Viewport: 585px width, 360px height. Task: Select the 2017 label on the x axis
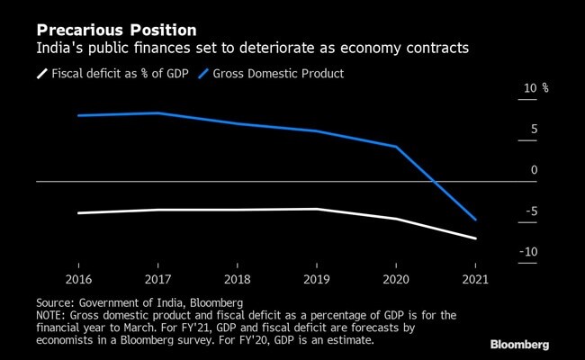pyautogui.click(x=159, y=280)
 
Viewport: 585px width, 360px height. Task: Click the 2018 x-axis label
pyautogui.click(x=237, y=280)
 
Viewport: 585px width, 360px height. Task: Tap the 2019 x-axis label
pyautogui.click(x=316, y=280)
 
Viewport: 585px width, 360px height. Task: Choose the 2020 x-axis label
pyautogui.click(x=395, y=280)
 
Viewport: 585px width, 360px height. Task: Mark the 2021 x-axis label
pyautogui.click(x=473, y=280)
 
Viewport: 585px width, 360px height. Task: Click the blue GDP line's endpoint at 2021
pyautogui.click(x=474, y=220)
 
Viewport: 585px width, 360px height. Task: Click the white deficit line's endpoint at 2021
pyautogui.click(x=474, y=238)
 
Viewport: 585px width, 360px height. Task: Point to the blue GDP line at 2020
pyautogui.click(x=396, y=146)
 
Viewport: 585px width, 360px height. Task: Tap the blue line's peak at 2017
pyautogui.click(x=159, y=113)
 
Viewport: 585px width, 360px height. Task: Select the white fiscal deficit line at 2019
pyautogui.click(x=316, y=209)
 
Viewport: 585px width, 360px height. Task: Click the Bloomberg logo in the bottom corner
pyautogui.click(x=531, y=345)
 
